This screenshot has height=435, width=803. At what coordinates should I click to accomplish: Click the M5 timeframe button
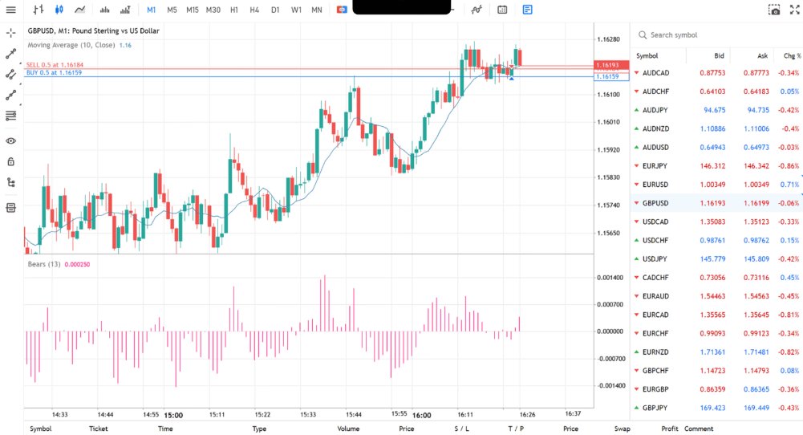tap(172, 10)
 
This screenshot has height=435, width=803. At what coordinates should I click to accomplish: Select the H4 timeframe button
tap(254, 10)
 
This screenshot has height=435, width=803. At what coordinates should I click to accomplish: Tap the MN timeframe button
tap(317, 10)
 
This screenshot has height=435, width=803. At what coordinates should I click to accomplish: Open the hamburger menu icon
tap(11, 10)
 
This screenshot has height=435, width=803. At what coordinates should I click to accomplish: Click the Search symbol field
tap(706, 35)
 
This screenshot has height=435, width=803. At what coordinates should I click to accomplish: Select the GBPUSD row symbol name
tap(656, 203)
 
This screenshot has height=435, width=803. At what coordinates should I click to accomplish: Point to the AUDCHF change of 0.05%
tap(789, 91)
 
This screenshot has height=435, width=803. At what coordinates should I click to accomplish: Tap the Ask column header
tap(762, 55)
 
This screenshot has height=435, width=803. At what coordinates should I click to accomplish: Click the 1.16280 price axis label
tap(610, 39)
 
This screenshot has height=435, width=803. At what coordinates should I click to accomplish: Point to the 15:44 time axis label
tap(354, 415)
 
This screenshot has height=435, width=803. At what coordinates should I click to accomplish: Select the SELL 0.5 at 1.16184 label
tap(55, 65)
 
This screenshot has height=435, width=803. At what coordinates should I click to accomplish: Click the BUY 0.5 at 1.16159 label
tap(54, 73)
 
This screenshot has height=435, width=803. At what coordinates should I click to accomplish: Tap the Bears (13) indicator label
tap(44, 264)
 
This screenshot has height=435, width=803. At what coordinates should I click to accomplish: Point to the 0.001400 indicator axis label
tap(611, 277)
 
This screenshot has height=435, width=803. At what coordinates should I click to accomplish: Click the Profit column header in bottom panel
tap(669, 429)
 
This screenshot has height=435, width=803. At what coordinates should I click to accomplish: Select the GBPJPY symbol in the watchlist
tap(656, 408)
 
